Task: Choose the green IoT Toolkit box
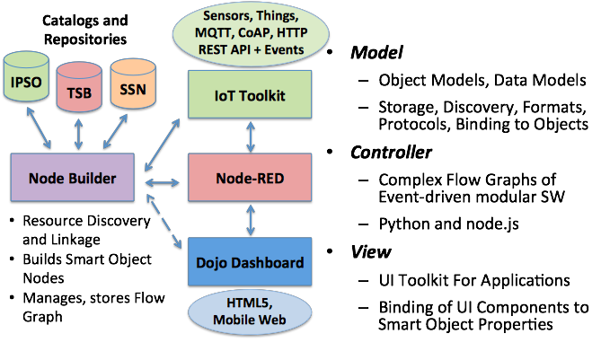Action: (250, 94)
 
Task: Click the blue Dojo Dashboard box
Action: (250, 263)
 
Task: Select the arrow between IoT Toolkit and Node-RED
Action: (250, 136)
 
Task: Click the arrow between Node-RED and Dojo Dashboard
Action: (250, 219)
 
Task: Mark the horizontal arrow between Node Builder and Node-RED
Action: (165, 183)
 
